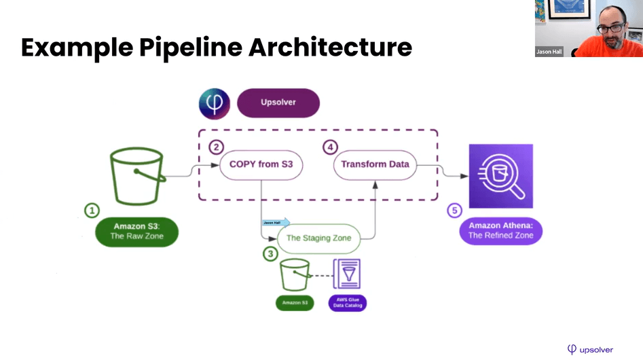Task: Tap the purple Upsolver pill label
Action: click(278, 103)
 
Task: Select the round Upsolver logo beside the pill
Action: click(215, 104)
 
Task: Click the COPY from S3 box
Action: click(261, 164)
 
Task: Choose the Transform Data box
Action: click(375, 164)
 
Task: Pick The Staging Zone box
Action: click(318, 238)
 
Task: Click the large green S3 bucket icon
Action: click(137, 176)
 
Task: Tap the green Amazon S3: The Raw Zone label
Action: click(136, 231)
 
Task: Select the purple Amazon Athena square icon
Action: click(500, 176)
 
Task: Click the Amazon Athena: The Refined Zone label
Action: click(500, 231)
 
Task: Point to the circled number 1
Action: click(92, 211)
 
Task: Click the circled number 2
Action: click(216, 147)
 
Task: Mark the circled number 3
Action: click(270, 254)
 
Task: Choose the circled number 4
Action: click(329, 147)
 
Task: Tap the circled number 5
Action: click(454, 211)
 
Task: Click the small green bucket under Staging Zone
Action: click(295, 274)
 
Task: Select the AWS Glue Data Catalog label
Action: click(347, 303)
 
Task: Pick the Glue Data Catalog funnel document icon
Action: click(346, 274)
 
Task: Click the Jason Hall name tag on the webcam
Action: click(549, 52)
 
